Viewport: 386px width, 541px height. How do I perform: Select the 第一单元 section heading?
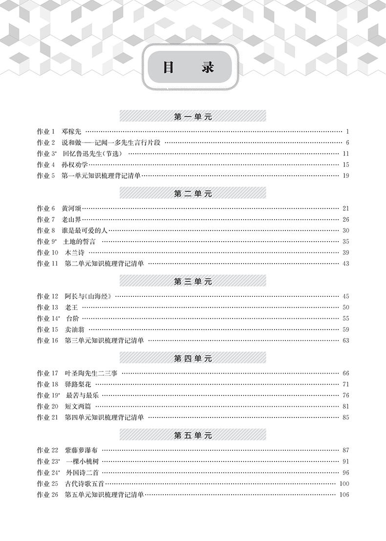pos(193,116)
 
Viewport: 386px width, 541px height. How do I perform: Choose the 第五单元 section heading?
pos(193,435)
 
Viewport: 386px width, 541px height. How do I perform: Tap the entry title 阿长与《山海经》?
pos(88,296)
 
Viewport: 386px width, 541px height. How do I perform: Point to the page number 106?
pos(343,494)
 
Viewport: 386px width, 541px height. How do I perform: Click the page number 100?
pos(343,483)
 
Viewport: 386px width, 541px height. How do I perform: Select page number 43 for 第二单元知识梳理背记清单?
pos(346,264)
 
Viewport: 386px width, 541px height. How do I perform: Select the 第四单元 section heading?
pos(193,358)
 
